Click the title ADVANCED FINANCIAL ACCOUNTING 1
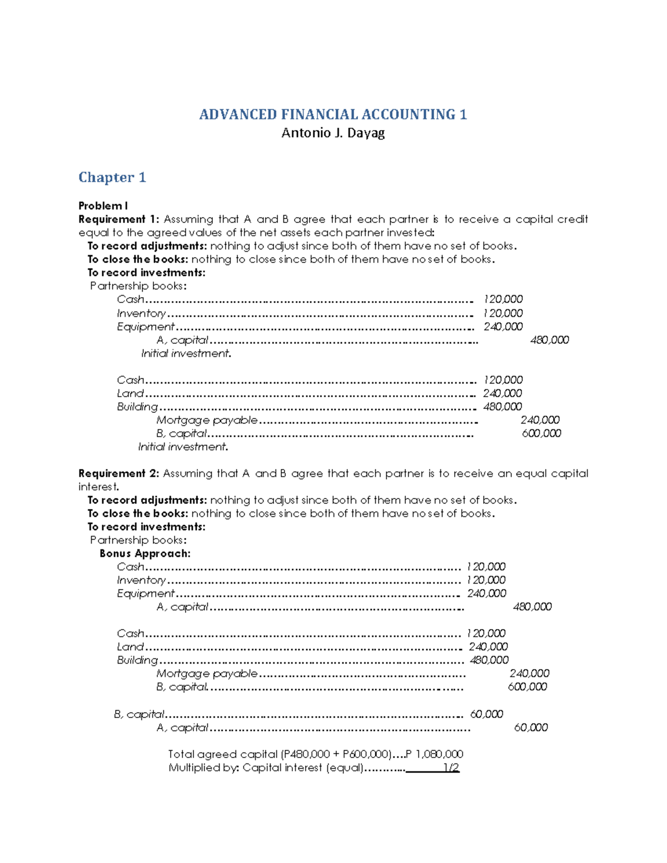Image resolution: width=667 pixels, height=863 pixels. [333, 114]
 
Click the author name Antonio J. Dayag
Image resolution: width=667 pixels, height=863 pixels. [333, 133]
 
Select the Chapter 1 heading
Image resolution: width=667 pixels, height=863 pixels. [112, 177]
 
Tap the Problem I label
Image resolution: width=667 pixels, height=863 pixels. [103, 206]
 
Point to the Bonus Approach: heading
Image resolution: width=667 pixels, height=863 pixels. [145, 553]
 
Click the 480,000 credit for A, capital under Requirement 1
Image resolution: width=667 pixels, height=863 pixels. [549, 340]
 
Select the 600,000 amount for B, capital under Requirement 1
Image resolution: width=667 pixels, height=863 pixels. [541, 433]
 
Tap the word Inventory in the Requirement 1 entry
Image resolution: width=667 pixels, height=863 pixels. [141, 313]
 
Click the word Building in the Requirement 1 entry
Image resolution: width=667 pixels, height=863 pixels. [137, 407]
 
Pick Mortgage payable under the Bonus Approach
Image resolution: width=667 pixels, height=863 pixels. [207, 674]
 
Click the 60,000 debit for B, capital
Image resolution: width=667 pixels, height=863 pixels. [486, 714]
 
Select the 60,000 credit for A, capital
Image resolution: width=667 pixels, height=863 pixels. [530, 727]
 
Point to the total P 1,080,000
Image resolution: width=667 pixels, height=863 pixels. [434, 754]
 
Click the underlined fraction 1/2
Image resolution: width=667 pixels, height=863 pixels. [451, 768]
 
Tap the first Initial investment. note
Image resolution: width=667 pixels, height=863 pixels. [186, 353]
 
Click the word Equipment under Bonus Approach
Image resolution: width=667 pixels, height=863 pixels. [146, 593]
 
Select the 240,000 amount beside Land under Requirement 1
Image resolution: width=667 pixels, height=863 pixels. [502, 393]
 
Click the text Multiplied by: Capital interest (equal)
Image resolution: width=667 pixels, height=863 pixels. [266, 768]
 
